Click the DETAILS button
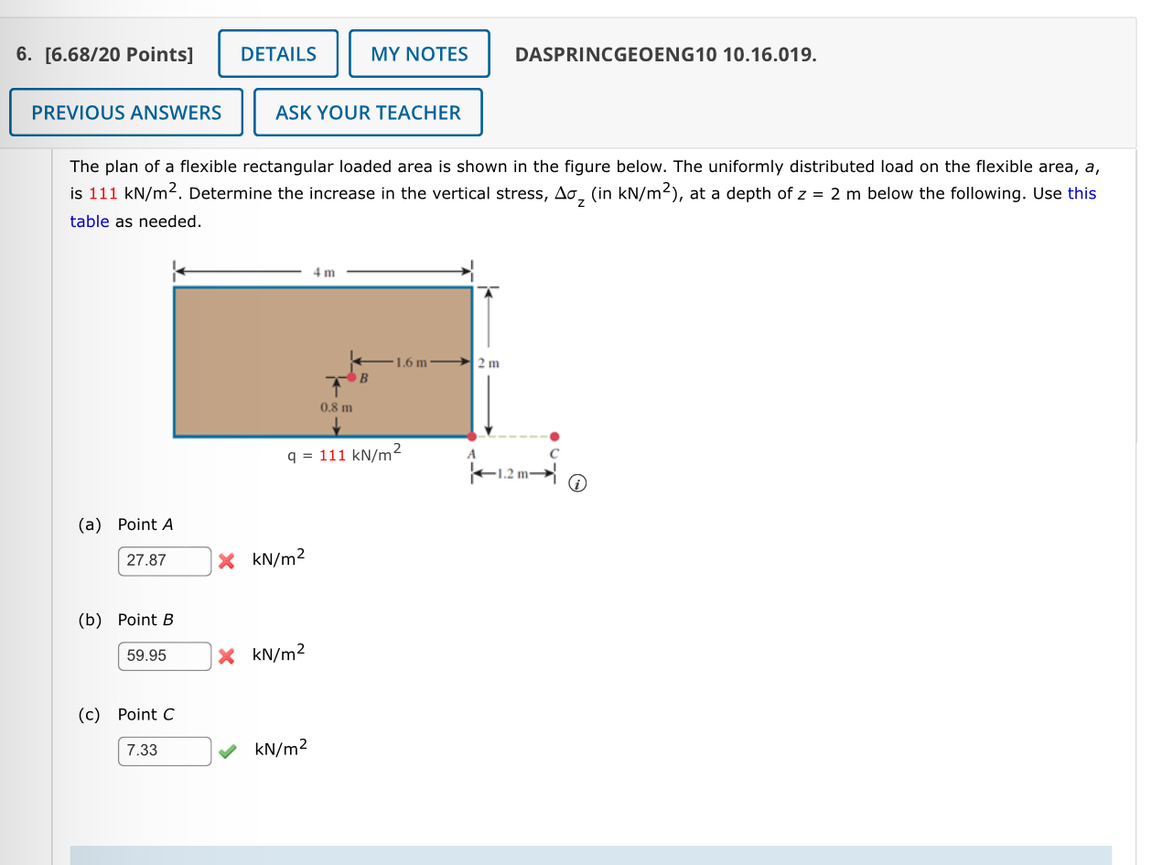[x=278, y=54]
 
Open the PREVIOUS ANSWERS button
[x=126, y=113]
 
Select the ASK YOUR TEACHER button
[x=368, y=113]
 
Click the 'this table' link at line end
[x=1082, y=193]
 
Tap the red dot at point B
[x=351, y=377]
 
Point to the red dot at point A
[x=472, y=437]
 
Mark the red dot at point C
[x=554, y=437]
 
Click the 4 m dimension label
[x=324, y=272]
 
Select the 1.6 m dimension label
[x=409, y=362]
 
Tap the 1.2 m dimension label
[x=513, y=474]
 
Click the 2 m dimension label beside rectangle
[x=489, y=363]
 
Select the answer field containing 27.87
[x=165, y=560]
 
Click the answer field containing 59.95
[x=165, y=655]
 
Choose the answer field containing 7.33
[x=165, y=751]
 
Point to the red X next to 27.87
[x=227, y=560]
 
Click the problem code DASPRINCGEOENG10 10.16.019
[x=665, y=55]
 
